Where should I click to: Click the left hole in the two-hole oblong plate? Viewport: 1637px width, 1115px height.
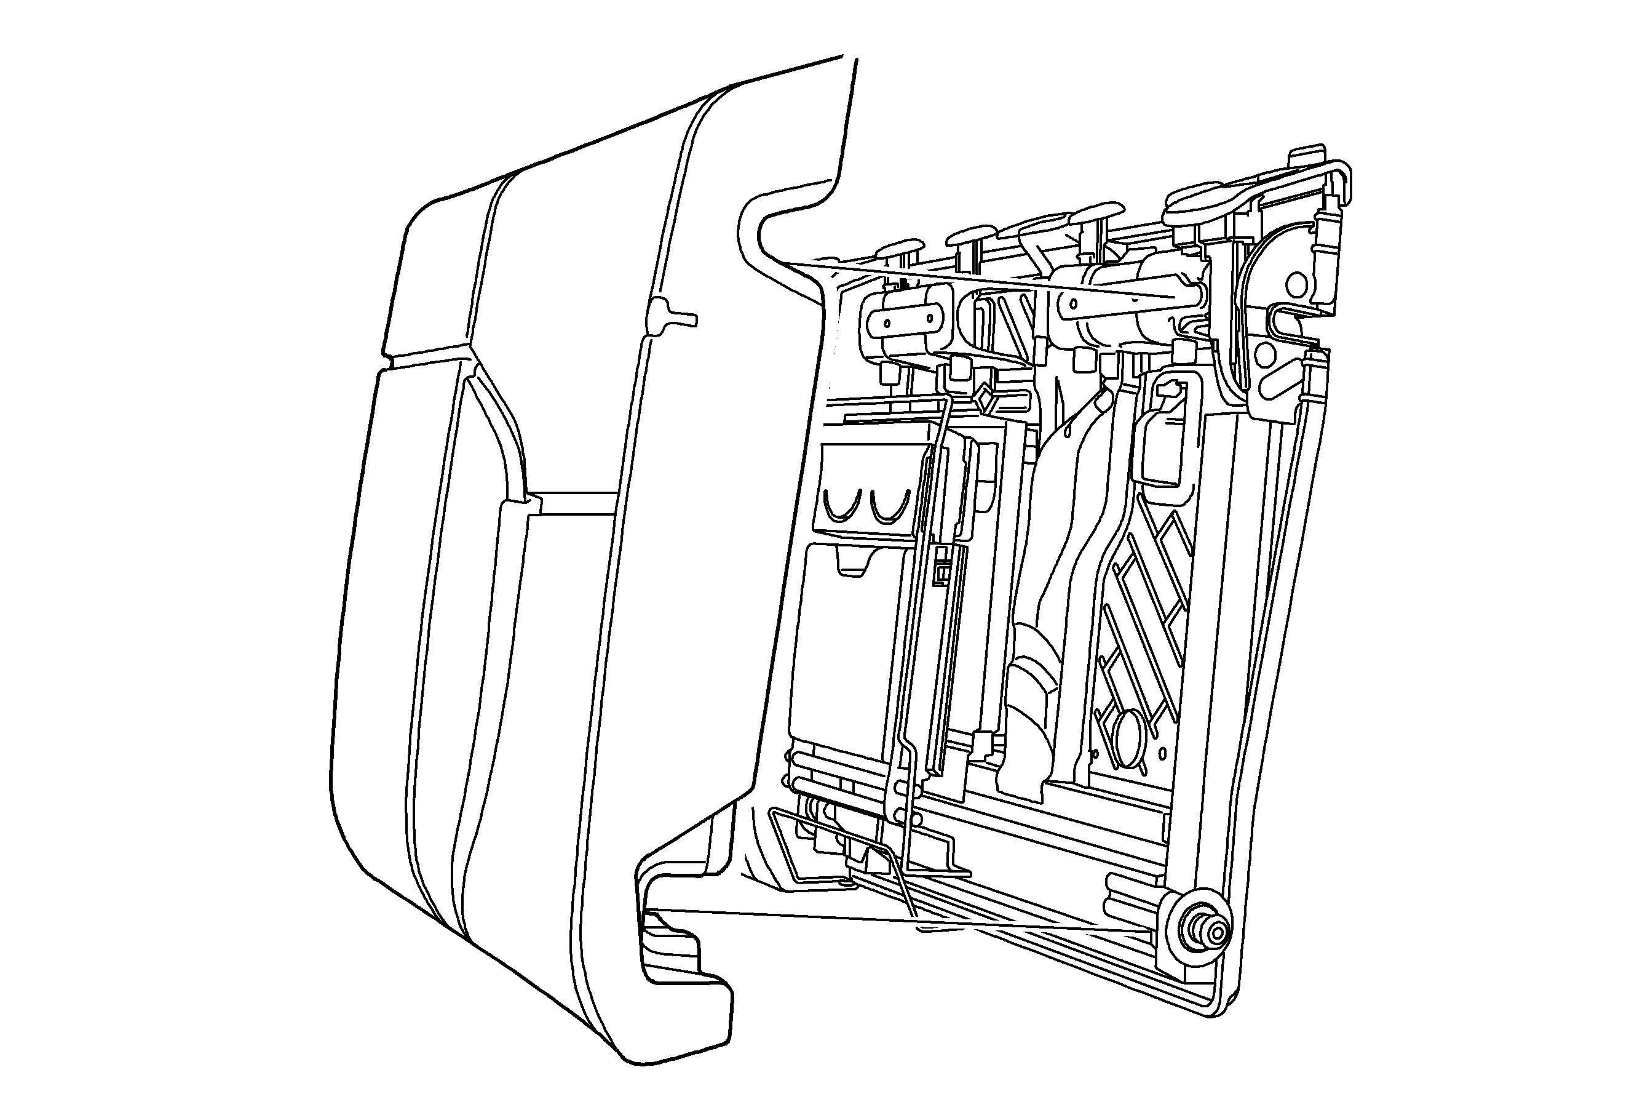click(887, 323)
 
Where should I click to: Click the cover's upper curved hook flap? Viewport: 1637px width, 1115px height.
click(782, 212)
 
